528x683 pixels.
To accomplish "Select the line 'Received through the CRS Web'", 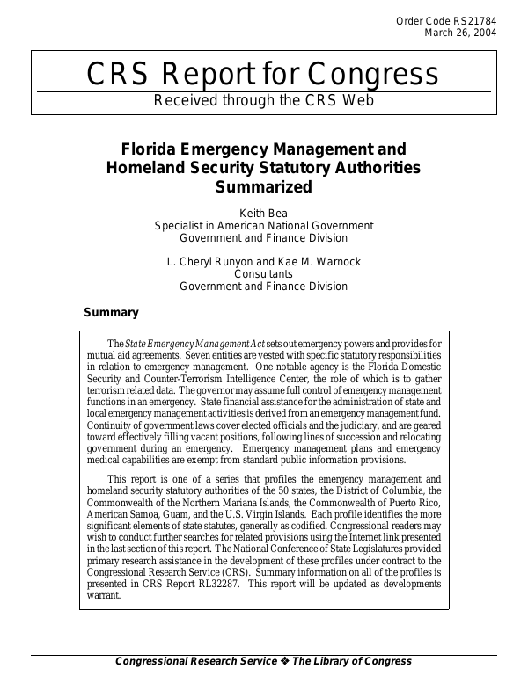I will (x=264, y=100).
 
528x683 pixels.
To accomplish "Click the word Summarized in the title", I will (x=264, y=186).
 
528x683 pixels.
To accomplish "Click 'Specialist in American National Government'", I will (x=264, y=225).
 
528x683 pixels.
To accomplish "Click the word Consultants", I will (x=264, y=273).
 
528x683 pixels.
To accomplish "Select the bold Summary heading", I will (x=111, y=312).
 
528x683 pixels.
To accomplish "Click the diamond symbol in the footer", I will (x=284, y=662).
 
